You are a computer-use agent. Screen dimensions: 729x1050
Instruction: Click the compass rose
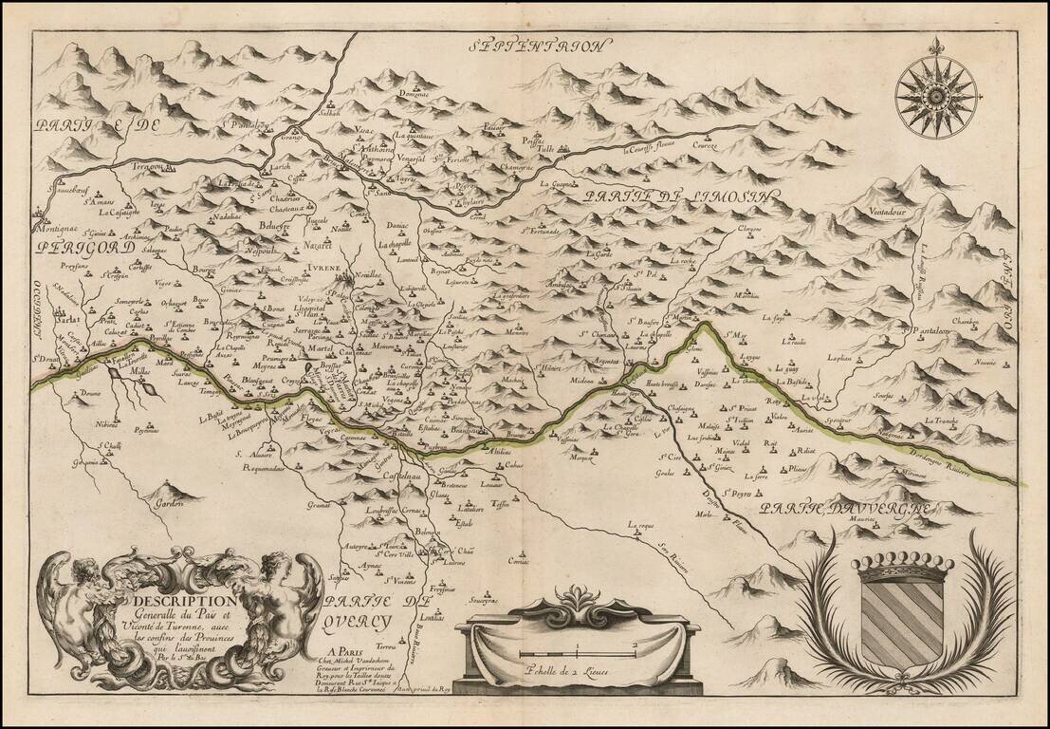click(936, 95)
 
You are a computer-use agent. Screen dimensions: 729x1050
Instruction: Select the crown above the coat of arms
click(902, 568)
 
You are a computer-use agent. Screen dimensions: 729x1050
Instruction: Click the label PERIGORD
click(77, 248)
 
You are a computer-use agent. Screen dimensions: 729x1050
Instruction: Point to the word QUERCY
click(357, 622)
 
